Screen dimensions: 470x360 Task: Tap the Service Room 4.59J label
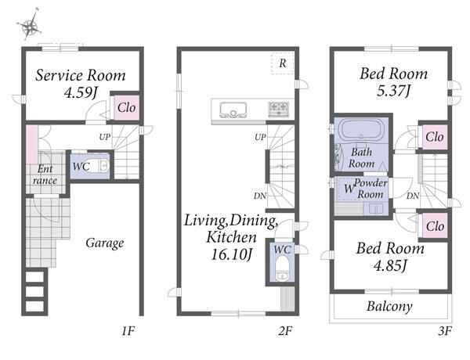coord(81,84)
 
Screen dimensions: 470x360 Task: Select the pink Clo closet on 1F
coord(126,107)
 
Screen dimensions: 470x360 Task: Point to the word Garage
coord(105,243)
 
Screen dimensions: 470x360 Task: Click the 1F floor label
coord(128,331)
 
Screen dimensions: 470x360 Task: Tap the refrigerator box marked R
coord(282,63)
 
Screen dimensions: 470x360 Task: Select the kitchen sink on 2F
coord(233,110)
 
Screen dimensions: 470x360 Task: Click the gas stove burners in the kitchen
coord(279,109)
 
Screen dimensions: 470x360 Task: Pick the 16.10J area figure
coord(231,255)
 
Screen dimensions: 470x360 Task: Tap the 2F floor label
coord(285,331)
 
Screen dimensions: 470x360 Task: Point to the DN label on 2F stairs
coord(259,196)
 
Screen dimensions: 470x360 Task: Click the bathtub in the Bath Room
coord(361,130)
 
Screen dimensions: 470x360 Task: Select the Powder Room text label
coord(371,189)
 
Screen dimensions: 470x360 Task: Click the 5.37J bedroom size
coord(393,91)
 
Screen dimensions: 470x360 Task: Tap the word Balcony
coord(389,306)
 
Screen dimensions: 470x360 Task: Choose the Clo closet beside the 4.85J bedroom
coord(435,226)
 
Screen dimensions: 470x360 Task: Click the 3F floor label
coord(445,331)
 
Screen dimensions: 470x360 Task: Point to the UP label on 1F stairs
coord(105,137)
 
